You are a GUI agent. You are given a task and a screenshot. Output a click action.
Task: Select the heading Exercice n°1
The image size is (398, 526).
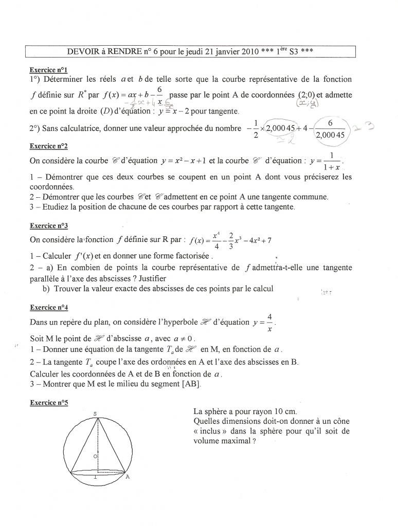(48, 69)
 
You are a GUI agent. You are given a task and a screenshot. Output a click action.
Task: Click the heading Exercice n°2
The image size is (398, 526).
(48, 146)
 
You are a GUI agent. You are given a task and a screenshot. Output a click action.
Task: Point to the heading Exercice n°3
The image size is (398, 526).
(48, 226)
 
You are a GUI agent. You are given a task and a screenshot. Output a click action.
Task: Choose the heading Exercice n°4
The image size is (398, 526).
(48, 307)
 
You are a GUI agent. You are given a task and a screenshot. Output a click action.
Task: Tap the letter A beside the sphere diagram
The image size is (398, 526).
(127, 476)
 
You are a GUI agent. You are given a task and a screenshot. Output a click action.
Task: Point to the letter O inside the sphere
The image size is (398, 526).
(95, 456)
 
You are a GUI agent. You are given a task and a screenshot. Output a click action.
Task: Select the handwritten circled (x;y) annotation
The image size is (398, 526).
(306, 103)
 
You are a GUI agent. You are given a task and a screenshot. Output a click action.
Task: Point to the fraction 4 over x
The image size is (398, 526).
(269, 323)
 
